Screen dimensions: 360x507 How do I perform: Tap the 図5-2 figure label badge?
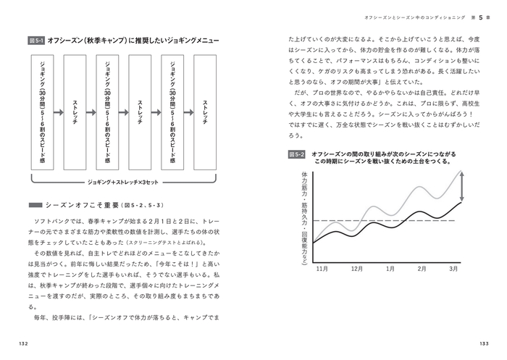(296, 154)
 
